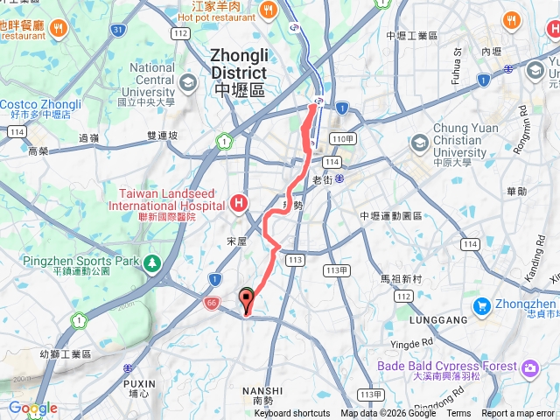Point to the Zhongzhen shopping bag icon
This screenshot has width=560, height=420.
[481, 306]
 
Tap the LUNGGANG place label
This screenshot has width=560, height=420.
[437, 321]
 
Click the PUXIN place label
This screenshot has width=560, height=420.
[140, 383]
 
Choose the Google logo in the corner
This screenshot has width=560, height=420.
[32, 409]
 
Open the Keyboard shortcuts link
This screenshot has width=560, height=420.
[292, 414]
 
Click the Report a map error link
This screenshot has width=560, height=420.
[518, 414]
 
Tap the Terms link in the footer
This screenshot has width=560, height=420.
[458, 414]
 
